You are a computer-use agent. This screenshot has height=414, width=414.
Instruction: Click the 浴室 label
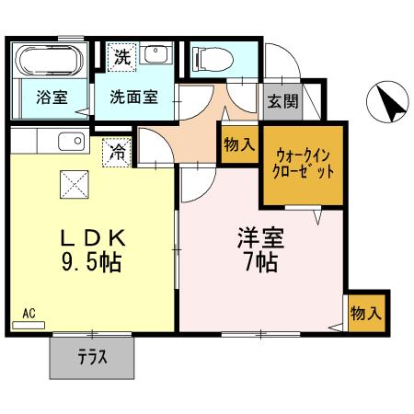pos(51,96)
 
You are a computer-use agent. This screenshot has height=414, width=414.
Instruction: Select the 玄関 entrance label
pos(282,101)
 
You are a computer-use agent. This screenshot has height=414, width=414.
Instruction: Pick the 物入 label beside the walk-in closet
pos(237,144)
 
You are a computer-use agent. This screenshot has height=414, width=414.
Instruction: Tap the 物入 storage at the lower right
pos(365,313)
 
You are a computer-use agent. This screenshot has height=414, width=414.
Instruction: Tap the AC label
pos(29,315)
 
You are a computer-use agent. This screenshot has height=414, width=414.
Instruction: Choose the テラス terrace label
pos(93,357)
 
